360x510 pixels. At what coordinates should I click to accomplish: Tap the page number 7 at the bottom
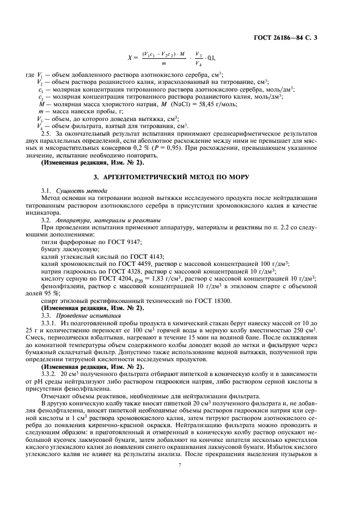coord(179,464)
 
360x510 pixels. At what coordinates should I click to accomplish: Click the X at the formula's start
coord(131,57)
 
